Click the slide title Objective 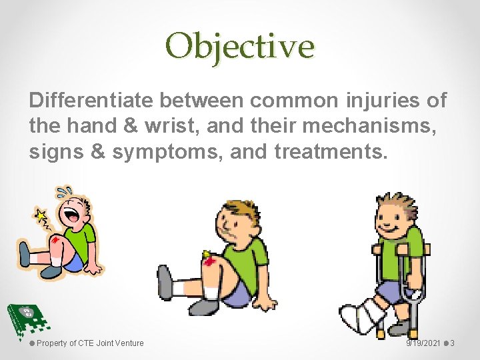pos(240,46)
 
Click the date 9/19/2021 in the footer pos(423,343)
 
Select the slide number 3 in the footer pos(452,343)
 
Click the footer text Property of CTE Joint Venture pos(89,343)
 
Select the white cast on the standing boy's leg pos(363,314)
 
